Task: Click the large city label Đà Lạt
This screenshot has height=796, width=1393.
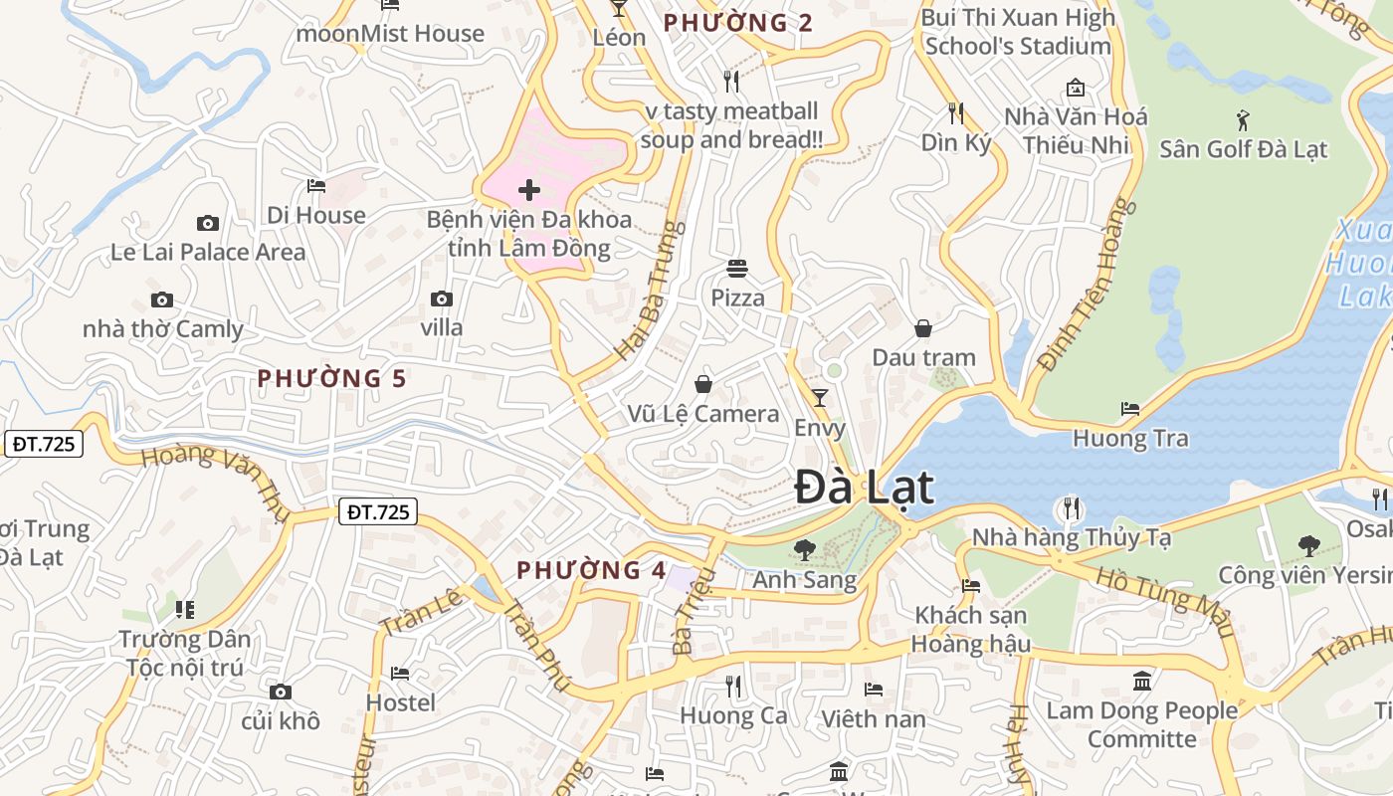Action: click(x=865, y=488)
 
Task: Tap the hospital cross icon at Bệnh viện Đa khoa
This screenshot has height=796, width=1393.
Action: click(x=529, y=189)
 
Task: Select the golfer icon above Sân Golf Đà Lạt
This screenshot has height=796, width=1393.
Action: click(x=1243, y=121)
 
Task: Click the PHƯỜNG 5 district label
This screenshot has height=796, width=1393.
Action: click(x=332, y=378)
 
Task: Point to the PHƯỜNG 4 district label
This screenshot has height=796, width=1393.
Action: click(x=591, y=570)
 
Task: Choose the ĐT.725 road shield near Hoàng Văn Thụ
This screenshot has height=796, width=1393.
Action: click(x=44, y=444)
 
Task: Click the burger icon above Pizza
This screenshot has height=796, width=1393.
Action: click(x=737, y=269)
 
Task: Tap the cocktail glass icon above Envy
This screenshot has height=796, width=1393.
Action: click(x=820, y=398)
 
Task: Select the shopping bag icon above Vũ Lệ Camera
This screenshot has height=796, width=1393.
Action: click(x=703, y=384)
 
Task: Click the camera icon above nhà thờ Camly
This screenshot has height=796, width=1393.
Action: click(x=161, y=299)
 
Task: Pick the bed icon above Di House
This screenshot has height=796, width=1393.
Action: click(x=315, y=186)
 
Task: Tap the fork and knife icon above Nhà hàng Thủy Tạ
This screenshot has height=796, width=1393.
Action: click(x=1071, y=508)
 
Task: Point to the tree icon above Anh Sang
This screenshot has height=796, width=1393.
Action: click(x=805, y=549)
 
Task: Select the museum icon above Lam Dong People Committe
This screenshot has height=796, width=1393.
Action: click(x=1142, y=682)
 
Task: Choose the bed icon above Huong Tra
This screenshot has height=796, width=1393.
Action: click(x=1130, y=408)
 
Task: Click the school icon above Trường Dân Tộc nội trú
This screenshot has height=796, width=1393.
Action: click(x=184, y=609)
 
